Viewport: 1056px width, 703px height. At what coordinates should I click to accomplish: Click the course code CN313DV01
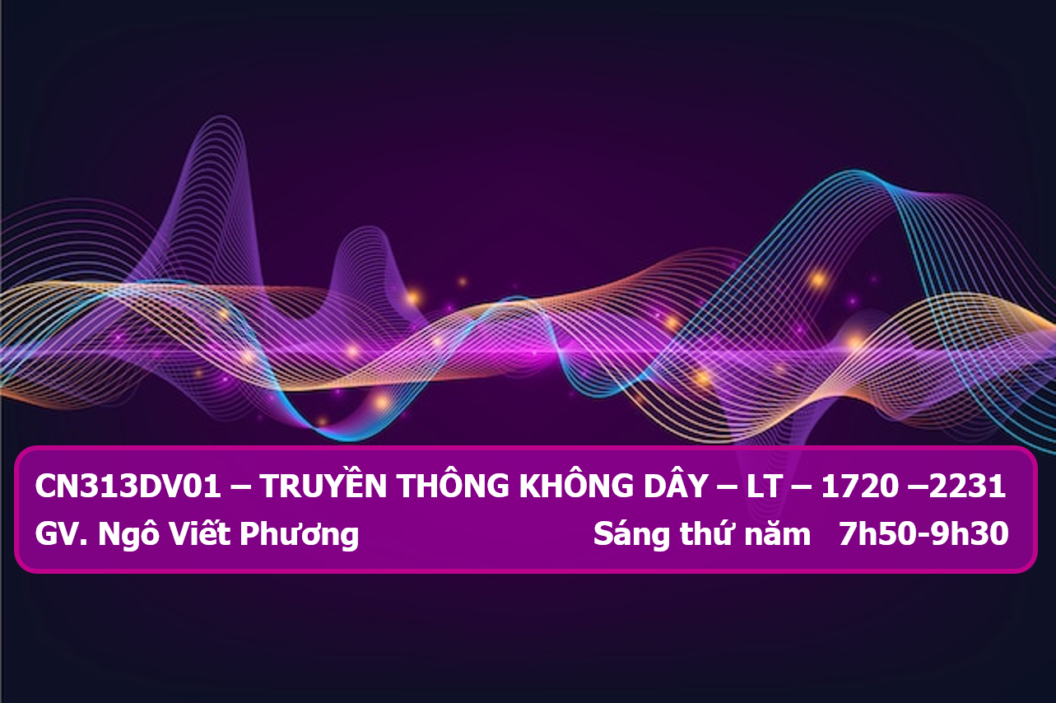pos(128,487)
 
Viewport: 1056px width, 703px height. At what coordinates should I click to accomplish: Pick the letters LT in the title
pos(764,487)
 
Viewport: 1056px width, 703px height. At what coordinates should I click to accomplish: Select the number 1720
pos(860,487)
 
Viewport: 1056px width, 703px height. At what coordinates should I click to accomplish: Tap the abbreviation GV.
pos(61,535)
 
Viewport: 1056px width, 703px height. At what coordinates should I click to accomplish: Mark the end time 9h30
pos(970,533)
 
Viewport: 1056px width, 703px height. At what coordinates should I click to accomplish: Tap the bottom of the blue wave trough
pos(349,440)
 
